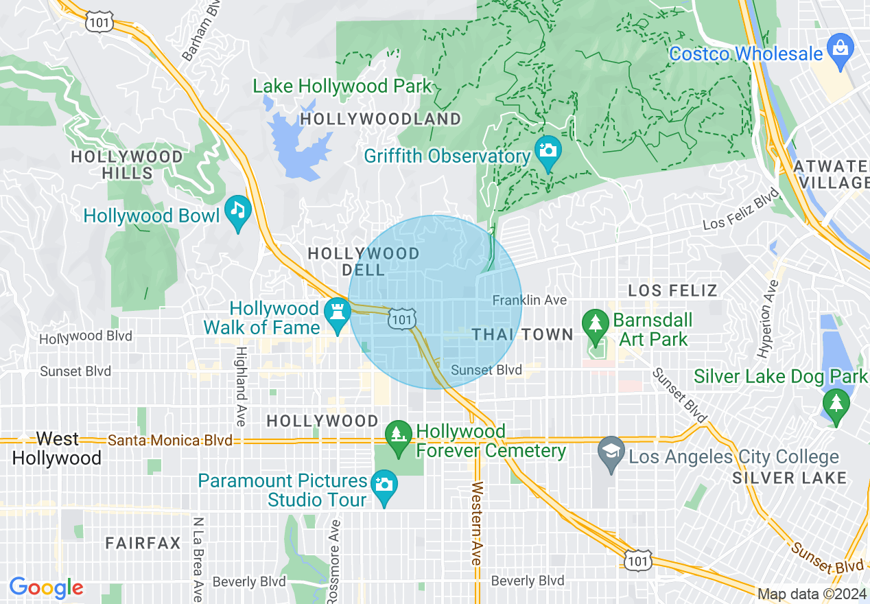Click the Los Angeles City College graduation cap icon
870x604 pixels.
coord(610,452)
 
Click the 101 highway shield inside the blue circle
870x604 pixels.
coord(401,318)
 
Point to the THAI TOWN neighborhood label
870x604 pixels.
coord(523,335)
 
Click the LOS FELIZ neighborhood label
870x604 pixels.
coord(672,290)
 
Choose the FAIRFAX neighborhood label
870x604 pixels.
coord(143,544)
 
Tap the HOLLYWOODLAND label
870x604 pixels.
coord(381,119)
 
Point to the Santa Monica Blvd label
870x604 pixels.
coord(170,440)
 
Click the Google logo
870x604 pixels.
coord(46,588)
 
